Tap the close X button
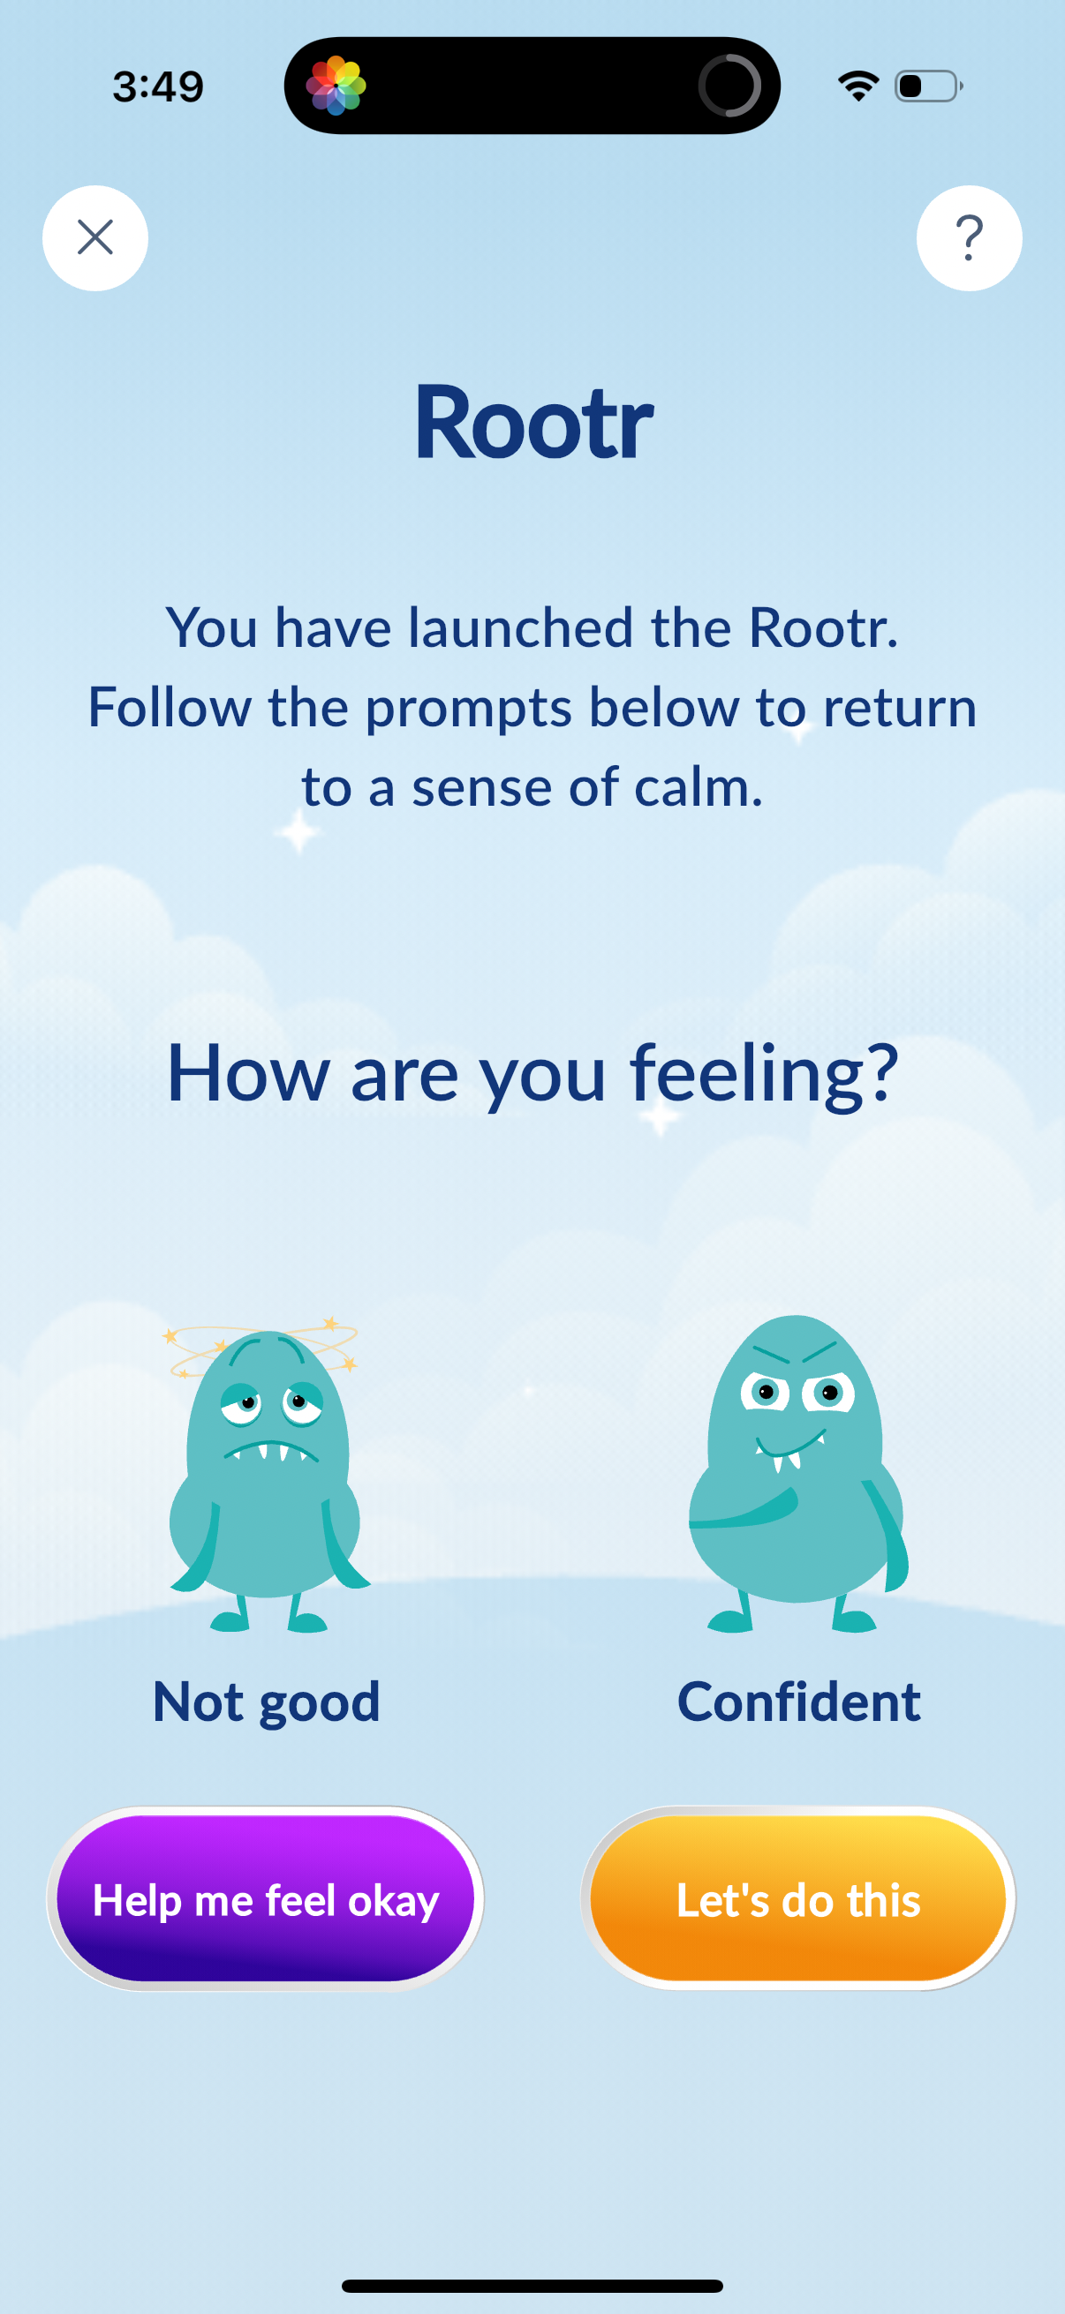click(95, 238)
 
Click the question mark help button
click(969, 238)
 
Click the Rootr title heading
click(533, 421)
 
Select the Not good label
click(267, 1702)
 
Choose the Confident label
click(799, 1702)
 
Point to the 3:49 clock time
click(158, 86)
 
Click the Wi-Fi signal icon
click(858, 86)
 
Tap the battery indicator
click(929, 86)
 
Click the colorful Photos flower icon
click(336, 86)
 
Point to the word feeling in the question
click(764, 1074)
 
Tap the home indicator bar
click(532, 2285)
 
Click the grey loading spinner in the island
click(729, 86)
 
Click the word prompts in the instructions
click(468, 710)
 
